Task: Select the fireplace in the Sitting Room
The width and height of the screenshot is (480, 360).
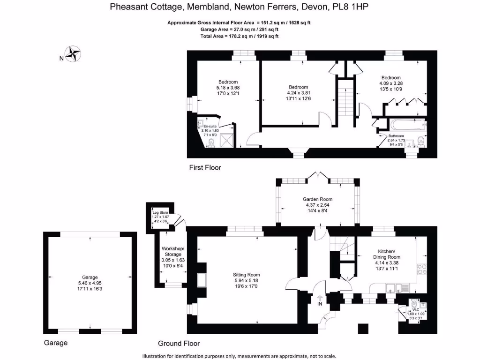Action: coord(203,280)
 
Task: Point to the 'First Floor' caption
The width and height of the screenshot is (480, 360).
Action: coord(205,167)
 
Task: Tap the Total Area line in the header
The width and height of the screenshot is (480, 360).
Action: coord(240,36)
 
